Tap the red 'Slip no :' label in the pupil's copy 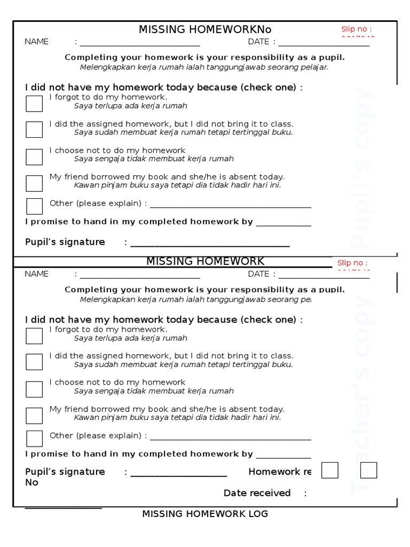pos(357,29)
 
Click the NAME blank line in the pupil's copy pos(140,44)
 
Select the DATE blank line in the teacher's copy pos(324,276)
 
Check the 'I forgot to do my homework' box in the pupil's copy pos(34,104)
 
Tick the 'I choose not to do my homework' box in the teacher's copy pos(34,389)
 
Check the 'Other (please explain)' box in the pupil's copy pos(34,206)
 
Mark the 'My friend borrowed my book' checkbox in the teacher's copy pos(34,416)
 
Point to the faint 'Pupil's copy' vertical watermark pos(364,166)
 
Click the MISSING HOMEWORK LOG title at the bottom pos(205,514)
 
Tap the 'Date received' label pos(257,493)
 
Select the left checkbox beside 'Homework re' pos(330,470)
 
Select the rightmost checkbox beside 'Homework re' pos(368,470)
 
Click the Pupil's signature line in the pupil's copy pos(210,245)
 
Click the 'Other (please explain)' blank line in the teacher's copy pos(231,439)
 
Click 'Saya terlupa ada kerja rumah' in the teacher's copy pos(131,338)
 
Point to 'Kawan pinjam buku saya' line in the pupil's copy pos(177,185)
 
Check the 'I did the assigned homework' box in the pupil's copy pos(34,129)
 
